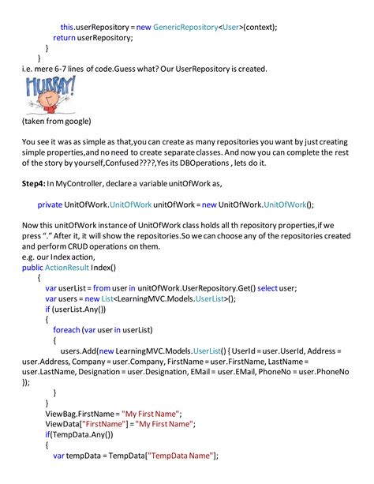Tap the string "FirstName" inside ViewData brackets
tap(96, 424)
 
